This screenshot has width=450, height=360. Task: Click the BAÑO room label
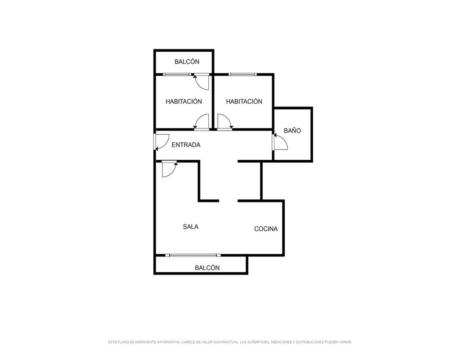tap(292, 130)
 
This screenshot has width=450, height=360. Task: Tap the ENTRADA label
tap(186, 145)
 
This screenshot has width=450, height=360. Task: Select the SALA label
tap(190, 226)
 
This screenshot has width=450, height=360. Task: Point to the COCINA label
tap(266, 229)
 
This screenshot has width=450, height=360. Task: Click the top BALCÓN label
tap(187, 62)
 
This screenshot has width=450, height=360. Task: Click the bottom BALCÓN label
tap(207, 268)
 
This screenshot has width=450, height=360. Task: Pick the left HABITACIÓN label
tap(184, 101)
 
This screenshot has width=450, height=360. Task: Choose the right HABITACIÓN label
tap(244, 101)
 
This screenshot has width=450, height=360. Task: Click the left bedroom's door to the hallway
tap(202, 122)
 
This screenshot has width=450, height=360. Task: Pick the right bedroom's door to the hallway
tap(225, 122)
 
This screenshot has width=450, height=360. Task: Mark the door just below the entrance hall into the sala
tap(170, 169)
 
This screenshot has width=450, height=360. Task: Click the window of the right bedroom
tap(243, 74)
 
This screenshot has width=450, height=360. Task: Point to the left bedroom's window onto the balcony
tap(177, 74)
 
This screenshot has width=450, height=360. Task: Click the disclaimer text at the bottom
tap(230, 342)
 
